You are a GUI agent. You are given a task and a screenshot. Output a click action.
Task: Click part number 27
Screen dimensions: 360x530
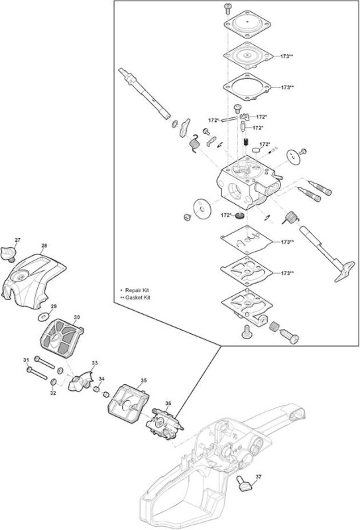tap(18, 240)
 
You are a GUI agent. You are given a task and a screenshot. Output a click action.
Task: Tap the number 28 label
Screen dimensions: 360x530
tap(44, 246)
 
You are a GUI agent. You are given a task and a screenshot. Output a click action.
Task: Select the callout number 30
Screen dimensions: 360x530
tap(77, 317)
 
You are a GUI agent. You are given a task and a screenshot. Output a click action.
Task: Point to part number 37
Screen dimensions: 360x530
tap(259, 477)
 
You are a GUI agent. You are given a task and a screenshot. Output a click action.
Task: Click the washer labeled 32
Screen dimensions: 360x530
tap(54, 382)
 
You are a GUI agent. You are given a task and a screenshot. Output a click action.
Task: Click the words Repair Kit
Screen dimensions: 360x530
tap(137, 290)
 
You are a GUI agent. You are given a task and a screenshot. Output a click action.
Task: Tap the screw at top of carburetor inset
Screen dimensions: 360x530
tap(227, 8)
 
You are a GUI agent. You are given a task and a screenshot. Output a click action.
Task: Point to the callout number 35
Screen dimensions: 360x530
tap(143, 380)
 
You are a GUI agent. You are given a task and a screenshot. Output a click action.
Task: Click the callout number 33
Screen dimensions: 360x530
tap(95, 362)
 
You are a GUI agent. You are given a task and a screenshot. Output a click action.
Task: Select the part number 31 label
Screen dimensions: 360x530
tap(27, 360)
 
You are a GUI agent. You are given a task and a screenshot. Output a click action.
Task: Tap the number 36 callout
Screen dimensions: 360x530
tap(168, 403)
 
